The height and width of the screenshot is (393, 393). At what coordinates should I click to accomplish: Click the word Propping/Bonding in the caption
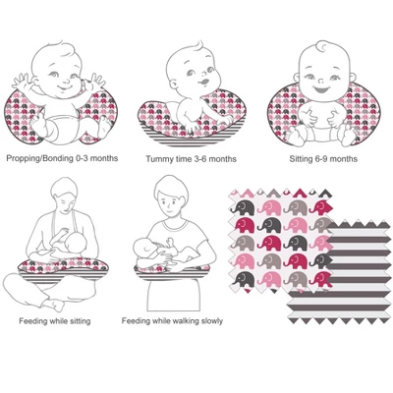(x=39, y=158)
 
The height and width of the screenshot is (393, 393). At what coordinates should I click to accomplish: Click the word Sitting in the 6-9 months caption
(x=299, y=159)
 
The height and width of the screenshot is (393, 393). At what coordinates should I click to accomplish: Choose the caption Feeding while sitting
(x=55, y=321)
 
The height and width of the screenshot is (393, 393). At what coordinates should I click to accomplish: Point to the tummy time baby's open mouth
(x=203, y=82)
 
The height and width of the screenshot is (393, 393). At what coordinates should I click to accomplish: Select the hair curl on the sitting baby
(x=322, y=46)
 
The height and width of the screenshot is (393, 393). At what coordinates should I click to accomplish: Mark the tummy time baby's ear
(x=174, y=84)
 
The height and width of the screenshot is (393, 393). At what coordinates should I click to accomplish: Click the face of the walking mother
(x=171, y=202)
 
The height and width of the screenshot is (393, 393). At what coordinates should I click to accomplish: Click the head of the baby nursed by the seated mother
(x=77, y=243)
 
